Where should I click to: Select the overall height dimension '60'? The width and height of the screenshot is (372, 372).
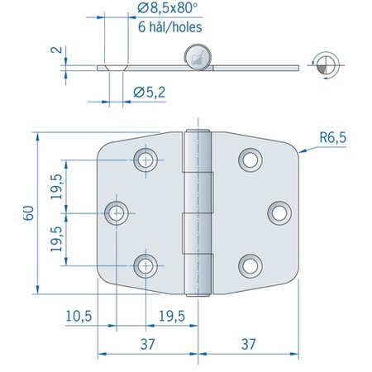tap(28, 212)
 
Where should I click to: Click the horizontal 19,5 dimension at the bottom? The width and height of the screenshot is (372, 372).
tap(173, 317)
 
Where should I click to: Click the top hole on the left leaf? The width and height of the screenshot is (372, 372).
tap(147, 159)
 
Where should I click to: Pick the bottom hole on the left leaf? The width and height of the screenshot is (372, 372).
tap(147, 265)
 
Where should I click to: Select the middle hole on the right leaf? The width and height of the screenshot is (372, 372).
tap(279, 212)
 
